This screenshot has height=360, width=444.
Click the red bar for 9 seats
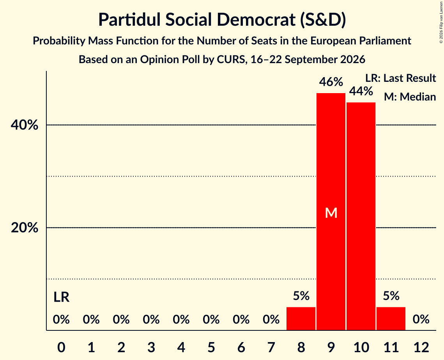click(x=331, y=212)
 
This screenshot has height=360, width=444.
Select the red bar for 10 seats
click(x=361, y=216)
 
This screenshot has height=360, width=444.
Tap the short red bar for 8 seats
click(x=301, y=318)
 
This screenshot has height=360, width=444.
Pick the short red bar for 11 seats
click(x=391, y=318)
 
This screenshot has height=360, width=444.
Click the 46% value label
click(x=331, y=82)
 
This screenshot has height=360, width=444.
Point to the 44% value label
click(x=361, y=92)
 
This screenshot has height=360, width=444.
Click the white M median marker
click(x=331, y=213)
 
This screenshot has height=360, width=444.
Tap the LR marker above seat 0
click(x=62, y=297)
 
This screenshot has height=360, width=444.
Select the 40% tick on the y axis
click(x=24, y=125)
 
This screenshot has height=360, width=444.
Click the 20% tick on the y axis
click(x=24, y=228)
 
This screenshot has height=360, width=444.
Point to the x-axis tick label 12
click(x=421, y=347)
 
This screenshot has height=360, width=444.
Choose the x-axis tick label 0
click(x=61, y=347)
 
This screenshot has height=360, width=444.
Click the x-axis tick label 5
click(x=211, y=347)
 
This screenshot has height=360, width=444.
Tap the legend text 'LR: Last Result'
click(x=400, y=78)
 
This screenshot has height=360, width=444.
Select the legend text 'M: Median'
click(x=410, y=97)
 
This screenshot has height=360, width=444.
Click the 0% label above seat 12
click(x=421, y=319)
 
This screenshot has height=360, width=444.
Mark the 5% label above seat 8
click(x=301, y=296)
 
